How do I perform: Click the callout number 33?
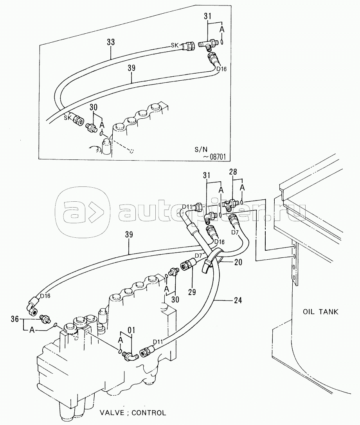pyautogui.click(x=111, y=42)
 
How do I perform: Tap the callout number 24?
pyautogui.click(x=238, y=300)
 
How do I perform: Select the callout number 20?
pyautogui.click(x=238, y=262)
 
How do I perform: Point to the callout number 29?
pyautogui.click(x=192, y=292)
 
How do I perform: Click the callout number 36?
pyautogui.click(x=15, y=319)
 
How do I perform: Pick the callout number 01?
pyautogui.click(x=131, y=331)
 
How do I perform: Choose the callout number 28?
pyautogui.click(x=233, y=172)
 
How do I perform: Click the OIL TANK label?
pyautogui.click(x=320, y=312)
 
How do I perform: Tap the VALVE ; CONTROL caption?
pyautogui.click(x=133, y=413)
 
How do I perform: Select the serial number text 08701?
pyautogui.click(x=218, y=157)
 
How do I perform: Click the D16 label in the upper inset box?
pyautogui.click(x=221, y=69)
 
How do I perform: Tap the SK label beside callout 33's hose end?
pyautogui.click(x=175, y=45)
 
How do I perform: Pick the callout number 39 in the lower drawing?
pyautogui.click(x=129, y=234)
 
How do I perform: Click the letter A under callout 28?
pyautogui.click(x=242, y=187)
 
